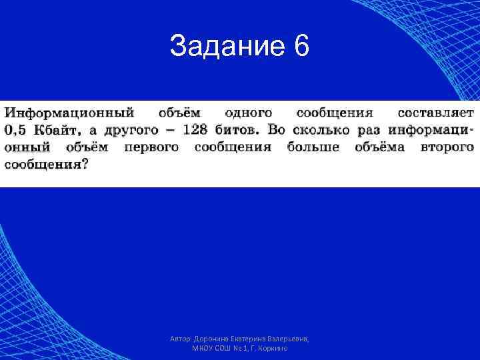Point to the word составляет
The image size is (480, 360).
(x=435, y=113)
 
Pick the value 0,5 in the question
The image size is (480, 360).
(x=19, y=130)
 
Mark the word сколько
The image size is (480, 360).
(x=331, y=130)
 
